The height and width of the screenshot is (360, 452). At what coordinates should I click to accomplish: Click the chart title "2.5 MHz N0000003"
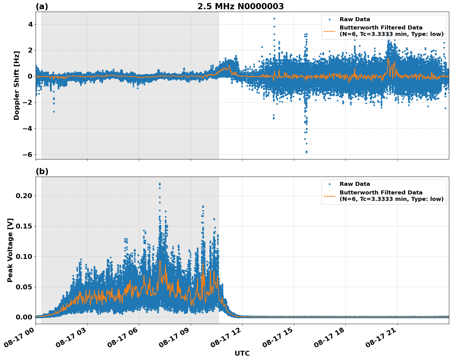coord(240,6)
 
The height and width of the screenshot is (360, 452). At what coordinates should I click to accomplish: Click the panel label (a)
coord(42,6)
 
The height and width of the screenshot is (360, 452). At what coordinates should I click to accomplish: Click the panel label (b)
coord(42,171)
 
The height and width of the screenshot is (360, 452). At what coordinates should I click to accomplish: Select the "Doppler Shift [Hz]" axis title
coord(17,85)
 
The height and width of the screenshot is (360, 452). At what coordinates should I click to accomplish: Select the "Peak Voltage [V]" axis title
coord(10,250)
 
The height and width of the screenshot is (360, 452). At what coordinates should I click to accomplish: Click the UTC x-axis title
coord(242,353)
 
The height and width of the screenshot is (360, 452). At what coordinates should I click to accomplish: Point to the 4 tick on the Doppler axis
coord(30,24)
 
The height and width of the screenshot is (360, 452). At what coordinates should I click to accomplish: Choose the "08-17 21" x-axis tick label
coord(381,338)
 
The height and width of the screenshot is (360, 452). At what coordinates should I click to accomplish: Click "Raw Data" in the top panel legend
coord(355,19)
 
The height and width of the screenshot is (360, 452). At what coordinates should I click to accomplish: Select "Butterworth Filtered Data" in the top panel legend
coord(381,28)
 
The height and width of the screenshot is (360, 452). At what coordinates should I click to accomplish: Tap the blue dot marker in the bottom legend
coord(329,184)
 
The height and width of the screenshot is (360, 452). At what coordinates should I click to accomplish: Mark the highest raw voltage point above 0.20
coord(160,184)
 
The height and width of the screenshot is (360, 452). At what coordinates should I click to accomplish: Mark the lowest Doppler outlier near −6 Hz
coord(306,152)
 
